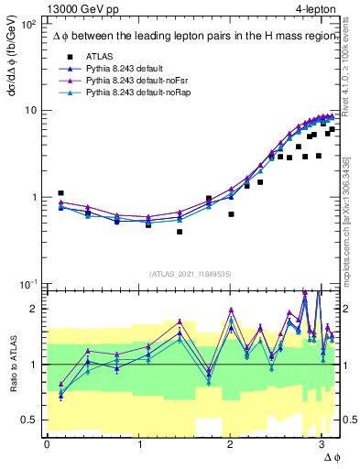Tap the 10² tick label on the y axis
pos(27,23)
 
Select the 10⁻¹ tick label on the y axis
pos(27,284)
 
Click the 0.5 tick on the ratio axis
pos(29,420)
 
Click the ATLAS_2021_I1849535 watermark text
pos(191,273)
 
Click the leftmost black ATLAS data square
pos(60,193)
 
